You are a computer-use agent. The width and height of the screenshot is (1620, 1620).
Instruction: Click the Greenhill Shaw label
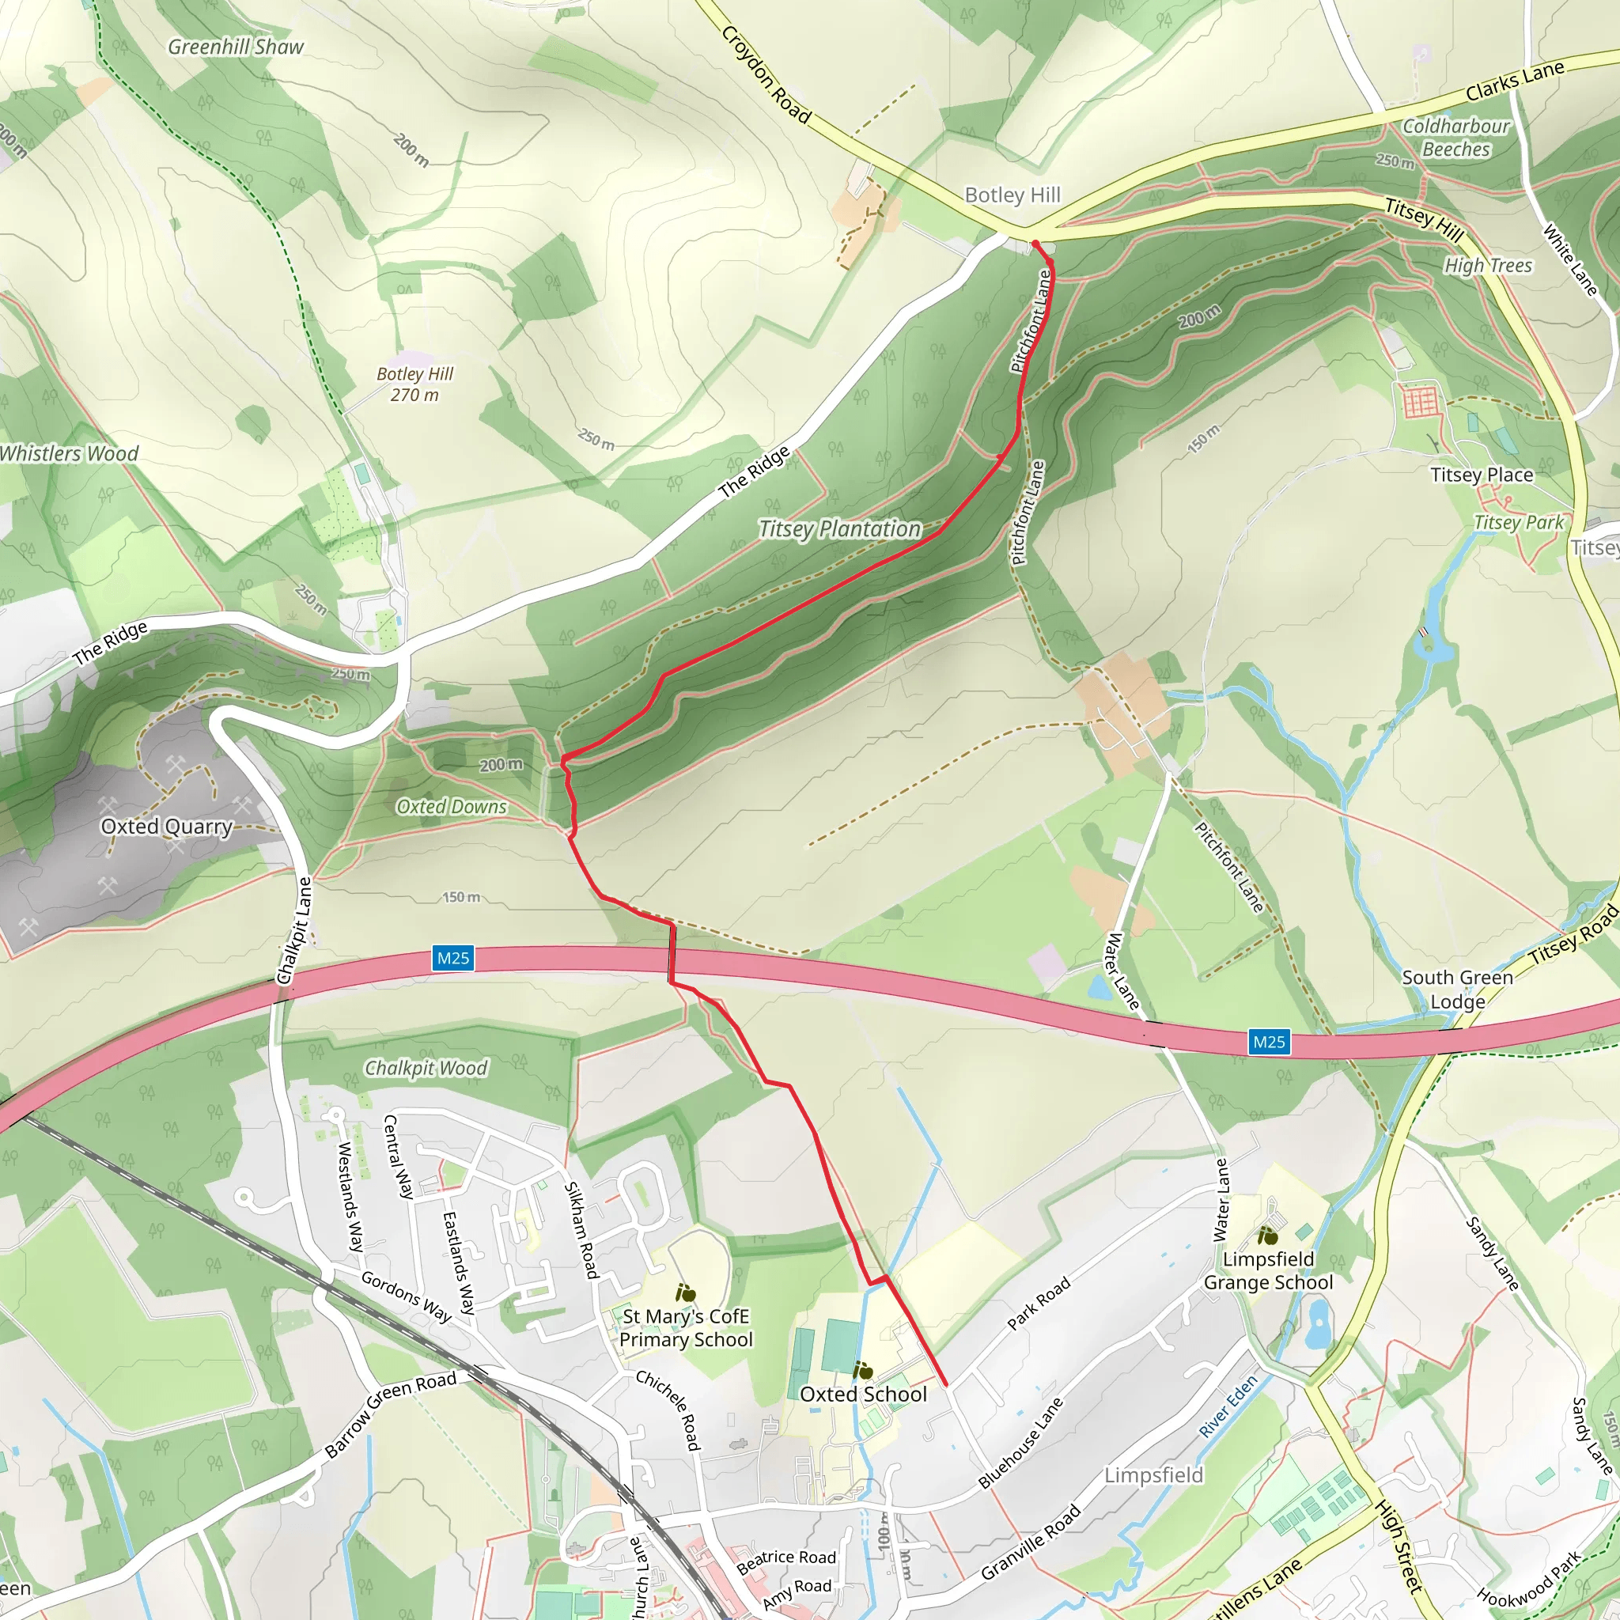point(236,47)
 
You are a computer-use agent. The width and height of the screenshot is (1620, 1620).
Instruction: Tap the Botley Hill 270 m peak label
point(415,384)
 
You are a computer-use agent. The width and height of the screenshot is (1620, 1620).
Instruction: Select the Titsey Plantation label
point(839,529)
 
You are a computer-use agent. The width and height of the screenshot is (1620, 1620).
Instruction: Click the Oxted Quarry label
point(166,827)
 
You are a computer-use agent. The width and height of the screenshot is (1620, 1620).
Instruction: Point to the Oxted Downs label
point(451,807)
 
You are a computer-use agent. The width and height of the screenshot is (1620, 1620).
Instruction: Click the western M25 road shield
point(452,958)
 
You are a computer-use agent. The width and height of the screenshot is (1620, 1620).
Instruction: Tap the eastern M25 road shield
point(1268,1043)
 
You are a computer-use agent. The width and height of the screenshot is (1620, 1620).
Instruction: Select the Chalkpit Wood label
point(425,1068)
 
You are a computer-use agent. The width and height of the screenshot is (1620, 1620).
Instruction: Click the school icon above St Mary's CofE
point(686,1294)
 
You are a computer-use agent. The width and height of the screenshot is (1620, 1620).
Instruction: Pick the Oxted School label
point(863,1395)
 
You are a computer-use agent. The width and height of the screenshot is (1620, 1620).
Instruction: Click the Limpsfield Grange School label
point(1268,1270)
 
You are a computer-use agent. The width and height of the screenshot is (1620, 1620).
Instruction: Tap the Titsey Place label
point(1482,475)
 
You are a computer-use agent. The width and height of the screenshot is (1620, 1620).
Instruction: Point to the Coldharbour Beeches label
point(1455,138)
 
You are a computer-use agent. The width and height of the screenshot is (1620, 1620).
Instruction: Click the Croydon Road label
point(766,75)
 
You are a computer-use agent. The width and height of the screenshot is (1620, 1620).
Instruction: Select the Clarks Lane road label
point(1514,81)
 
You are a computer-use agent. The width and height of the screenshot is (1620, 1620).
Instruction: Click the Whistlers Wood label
point(69,453)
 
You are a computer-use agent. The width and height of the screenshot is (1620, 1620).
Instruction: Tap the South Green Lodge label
point(1457,990)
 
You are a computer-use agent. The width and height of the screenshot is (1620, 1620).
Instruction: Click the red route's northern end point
point(1035,244)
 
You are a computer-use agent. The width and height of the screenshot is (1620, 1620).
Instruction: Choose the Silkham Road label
point(581,1230)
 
